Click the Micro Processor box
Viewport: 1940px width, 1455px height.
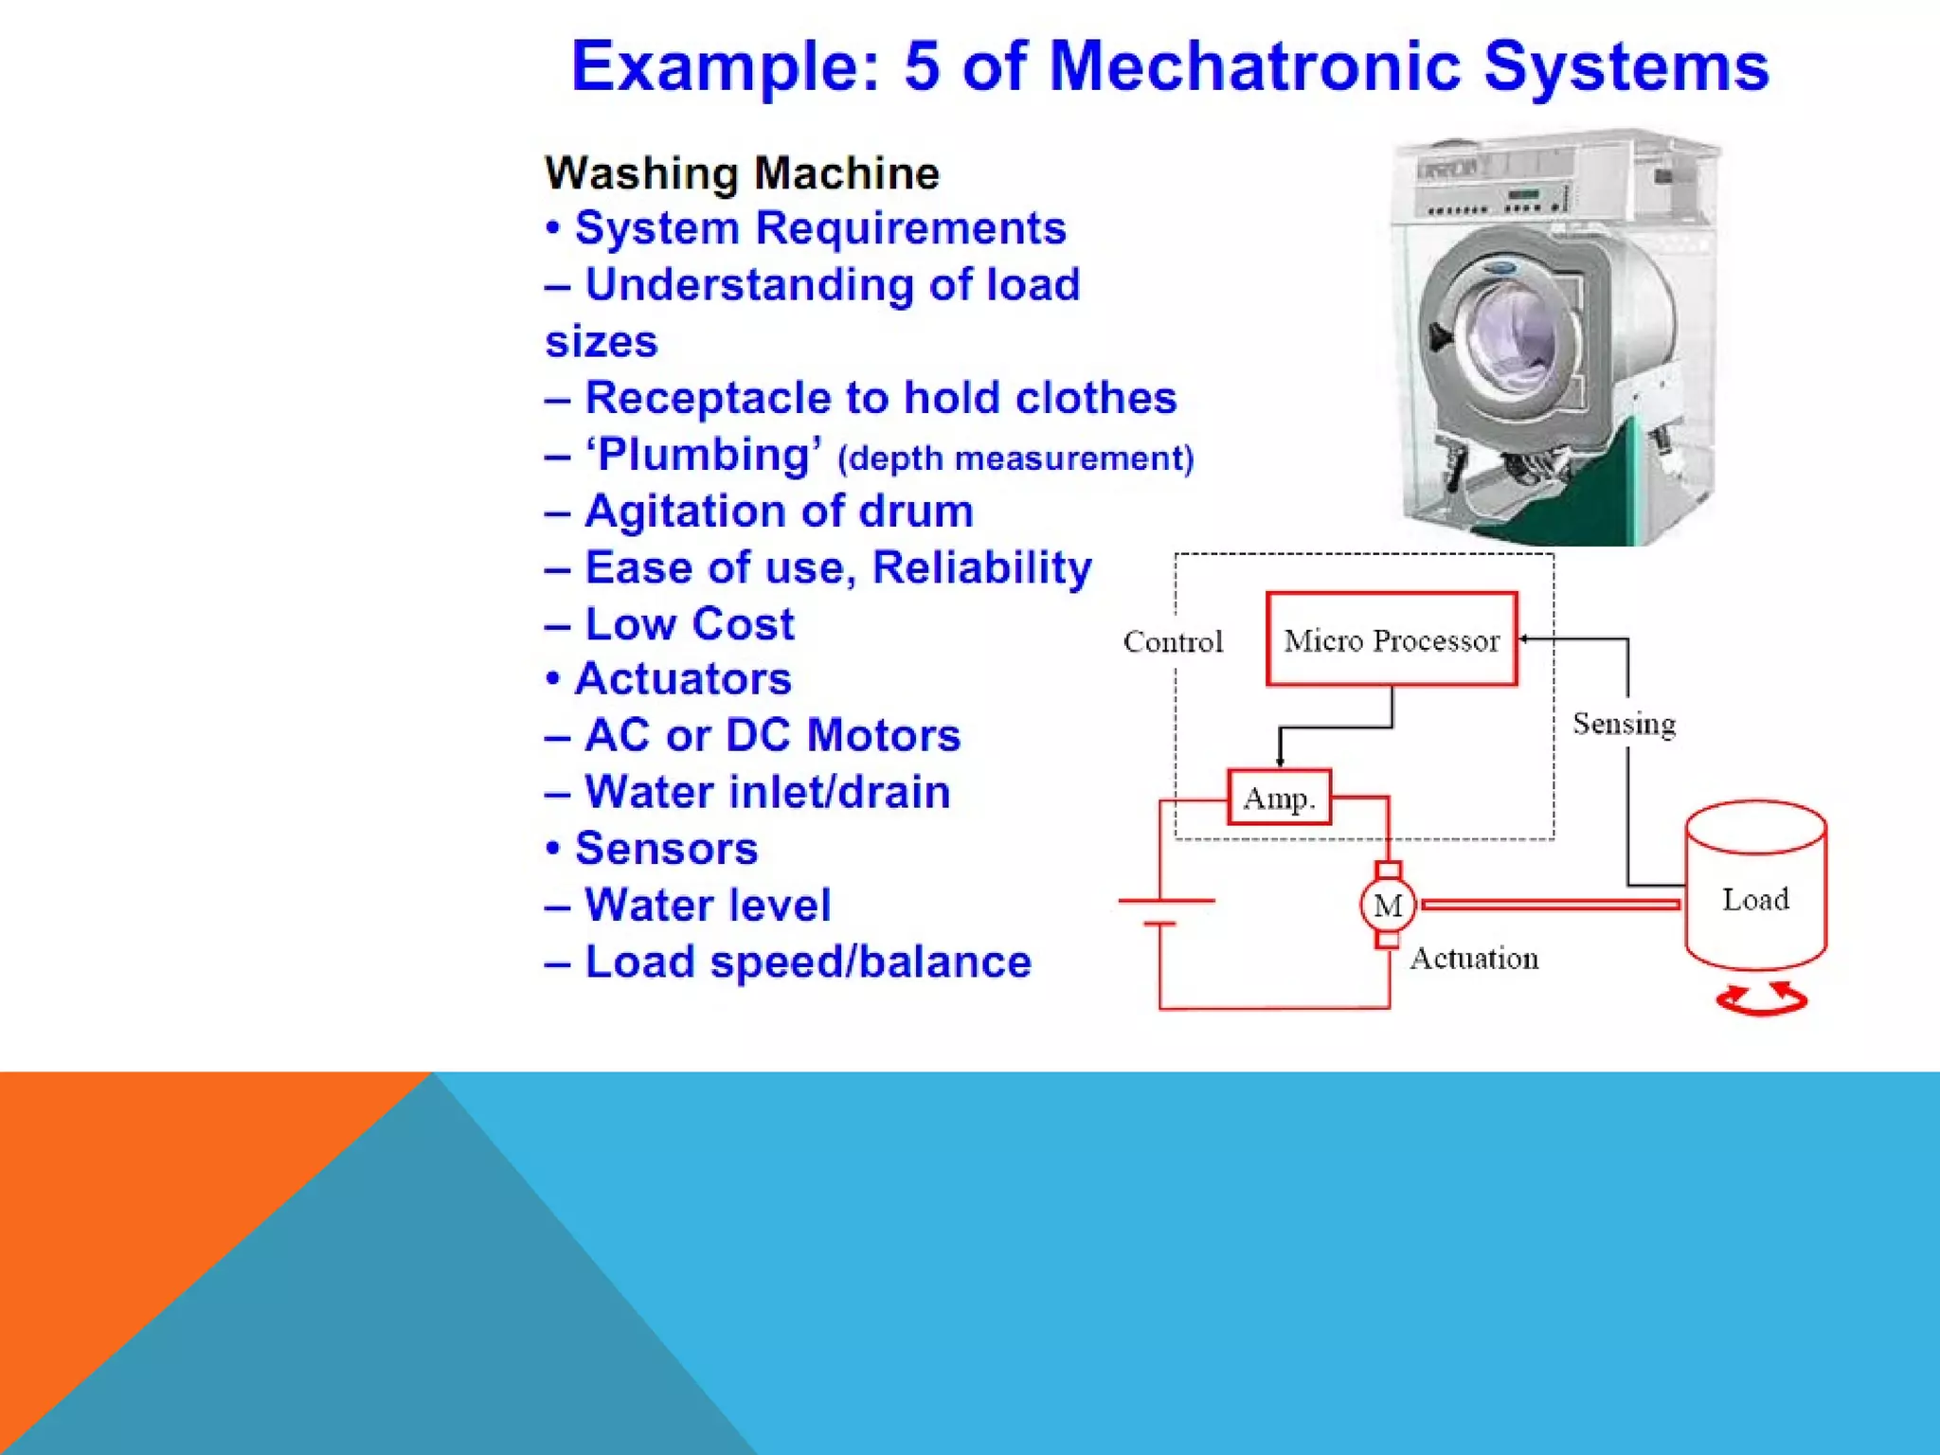click(1391, 639)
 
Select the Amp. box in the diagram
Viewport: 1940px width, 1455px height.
click(1279, 797)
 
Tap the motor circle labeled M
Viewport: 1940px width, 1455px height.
click(1388, 905)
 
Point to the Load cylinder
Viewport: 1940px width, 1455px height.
click(1755, 886)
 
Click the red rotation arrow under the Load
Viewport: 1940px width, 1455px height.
click(1762, 999)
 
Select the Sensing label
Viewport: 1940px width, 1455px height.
click(1624, 724)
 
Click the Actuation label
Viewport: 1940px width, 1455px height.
click(1474, 959)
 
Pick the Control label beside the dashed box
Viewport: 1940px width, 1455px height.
click(1173, 641)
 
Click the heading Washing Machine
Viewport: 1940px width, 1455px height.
click(742, 173)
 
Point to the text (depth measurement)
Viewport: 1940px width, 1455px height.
click(1015, 458)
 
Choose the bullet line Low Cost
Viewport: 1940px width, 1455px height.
click(689, 623)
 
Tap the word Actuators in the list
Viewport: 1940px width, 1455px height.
click(682, 678)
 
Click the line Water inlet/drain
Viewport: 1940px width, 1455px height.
click(766, 792)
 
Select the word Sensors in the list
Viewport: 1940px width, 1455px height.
click(666, 848)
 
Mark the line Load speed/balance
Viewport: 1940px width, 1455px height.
click(807, 961)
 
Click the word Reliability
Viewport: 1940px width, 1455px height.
click(981, 567)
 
